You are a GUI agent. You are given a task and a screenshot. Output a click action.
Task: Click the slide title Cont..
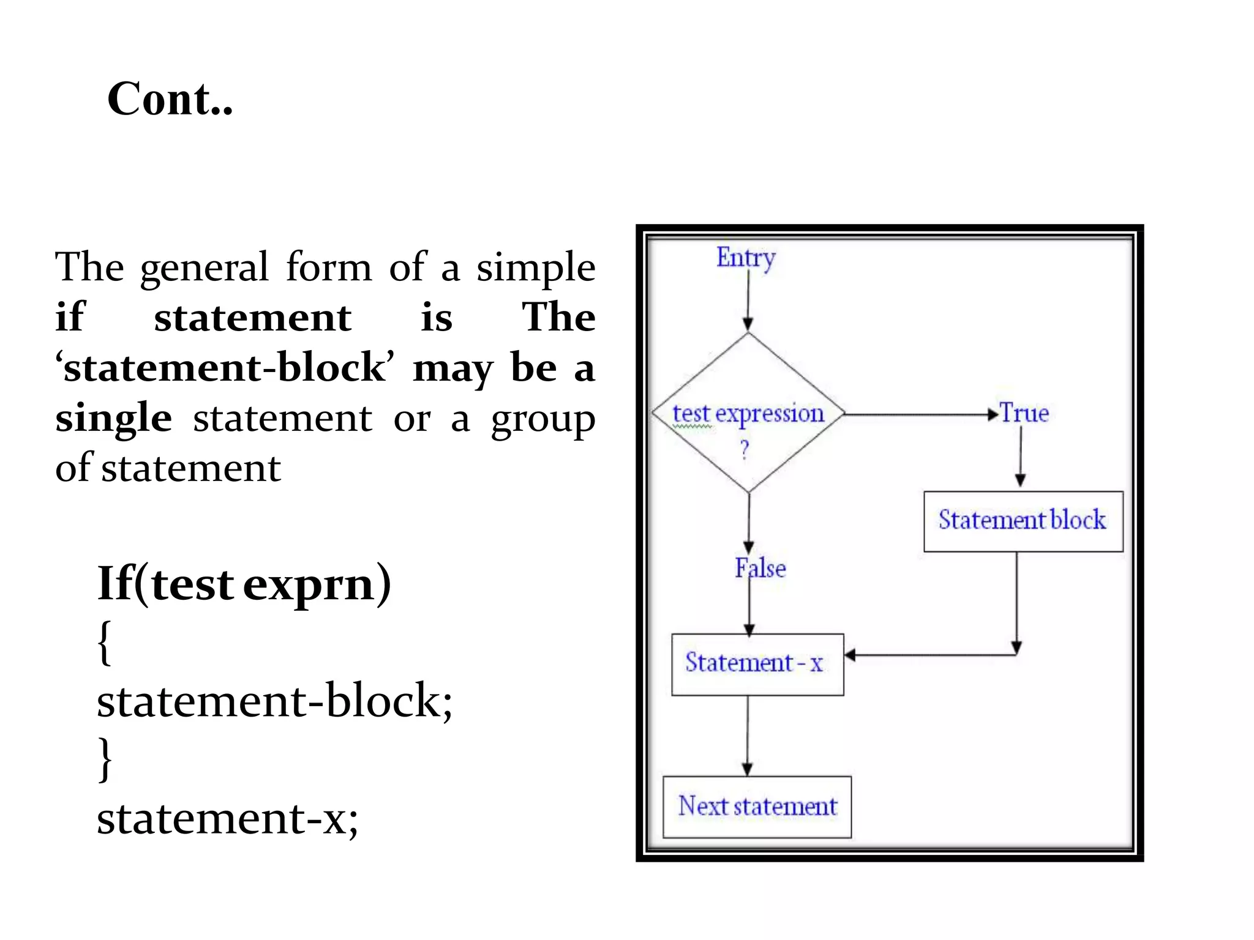(x=170, y=99)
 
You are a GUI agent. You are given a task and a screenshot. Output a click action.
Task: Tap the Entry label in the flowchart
(x=745, y=258)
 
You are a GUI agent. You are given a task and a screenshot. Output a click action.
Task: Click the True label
(x=1024, y=413)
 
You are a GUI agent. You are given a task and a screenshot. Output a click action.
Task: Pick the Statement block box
(x=1023, y=521)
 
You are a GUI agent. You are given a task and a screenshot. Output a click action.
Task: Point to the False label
(x=760, y=568)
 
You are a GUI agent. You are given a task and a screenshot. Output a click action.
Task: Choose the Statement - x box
(x=757, y=664)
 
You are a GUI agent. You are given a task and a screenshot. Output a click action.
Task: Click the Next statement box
(x=757, y=807)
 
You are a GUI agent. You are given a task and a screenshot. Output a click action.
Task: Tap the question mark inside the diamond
(x=745, y=450)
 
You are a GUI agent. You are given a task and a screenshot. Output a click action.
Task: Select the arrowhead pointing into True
(x=993, y=414)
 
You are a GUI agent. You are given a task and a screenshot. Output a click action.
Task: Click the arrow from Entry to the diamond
(x=748, y=300)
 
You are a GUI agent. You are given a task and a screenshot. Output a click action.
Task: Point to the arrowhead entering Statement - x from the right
(x=850, y=655)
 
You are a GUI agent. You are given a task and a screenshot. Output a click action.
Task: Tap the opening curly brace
(x=105, y=642)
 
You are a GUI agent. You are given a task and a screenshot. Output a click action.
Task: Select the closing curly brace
(x=105, y=759)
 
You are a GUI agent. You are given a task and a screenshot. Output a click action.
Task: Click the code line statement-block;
(x=274, y=700)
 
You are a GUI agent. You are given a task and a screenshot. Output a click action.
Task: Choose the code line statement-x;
(x=227, y=818)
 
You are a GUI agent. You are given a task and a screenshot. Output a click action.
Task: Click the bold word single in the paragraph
(x=113, y=418)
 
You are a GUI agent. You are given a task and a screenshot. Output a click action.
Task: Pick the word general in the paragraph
(x=205, y=267)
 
